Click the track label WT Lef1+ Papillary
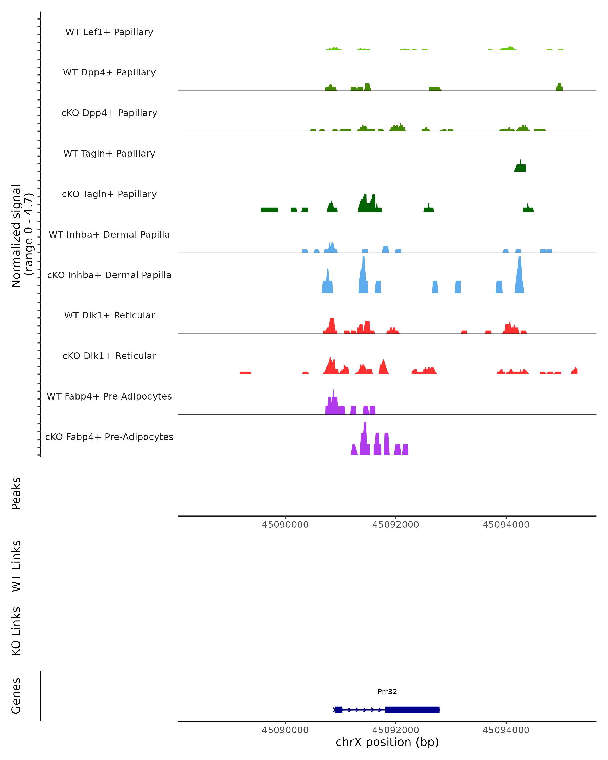click(x=109, y=32)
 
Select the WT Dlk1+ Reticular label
click(x=109, y=315)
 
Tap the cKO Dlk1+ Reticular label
click(x=109, y=356)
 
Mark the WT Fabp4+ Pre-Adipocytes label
click(x=109, y=396)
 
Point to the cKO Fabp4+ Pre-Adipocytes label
click(x=109, y=437)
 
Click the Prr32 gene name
click(x=387, y=692)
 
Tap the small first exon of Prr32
click(x=339, y=710)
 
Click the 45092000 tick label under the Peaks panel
click(x=395, y=525)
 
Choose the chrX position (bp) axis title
click(x=387, y=742)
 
